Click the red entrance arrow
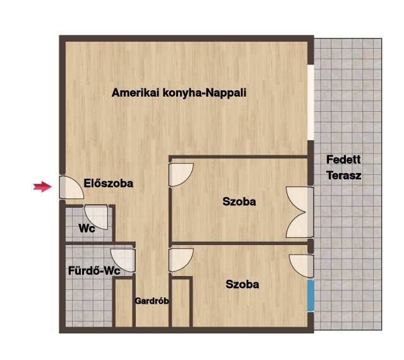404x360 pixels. [x=42, y=186]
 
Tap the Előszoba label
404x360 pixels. [x=109, y=183]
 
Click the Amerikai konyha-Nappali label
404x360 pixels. [x=179, y=93]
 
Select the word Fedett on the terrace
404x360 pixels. [x=343, y=160]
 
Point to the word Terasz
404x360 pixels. [x=343, y=176]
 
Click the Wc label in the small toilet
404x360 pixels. [x=87, y=229]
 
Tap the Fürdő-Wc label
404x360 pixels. [x=94, y=271]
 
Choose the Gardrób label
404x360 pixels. [x=151, y=301]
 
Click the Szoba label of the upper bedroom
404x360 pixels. [x=239, y=201]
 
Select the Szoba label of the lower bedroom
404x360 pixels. [x=242, y=284]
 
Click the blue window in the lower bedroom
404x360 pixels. [x=311, y=296]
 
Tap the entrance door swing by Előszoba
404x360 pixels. [x=71, y=187]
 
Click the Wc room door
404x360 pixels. [x=97, y=217]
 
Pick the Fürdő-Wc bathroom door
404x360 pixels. [x=123, y=260]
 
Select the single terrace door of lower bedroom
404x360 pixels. [x=301, y=266]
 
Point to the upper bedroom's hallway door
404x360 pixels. [x=181, y=174]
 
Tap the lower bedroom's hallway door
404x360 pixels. [x=181, y=260]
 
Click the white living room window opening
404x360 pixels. [x=311, y=103]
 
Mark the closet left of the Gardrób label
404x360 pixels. [x=124, y=303]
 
